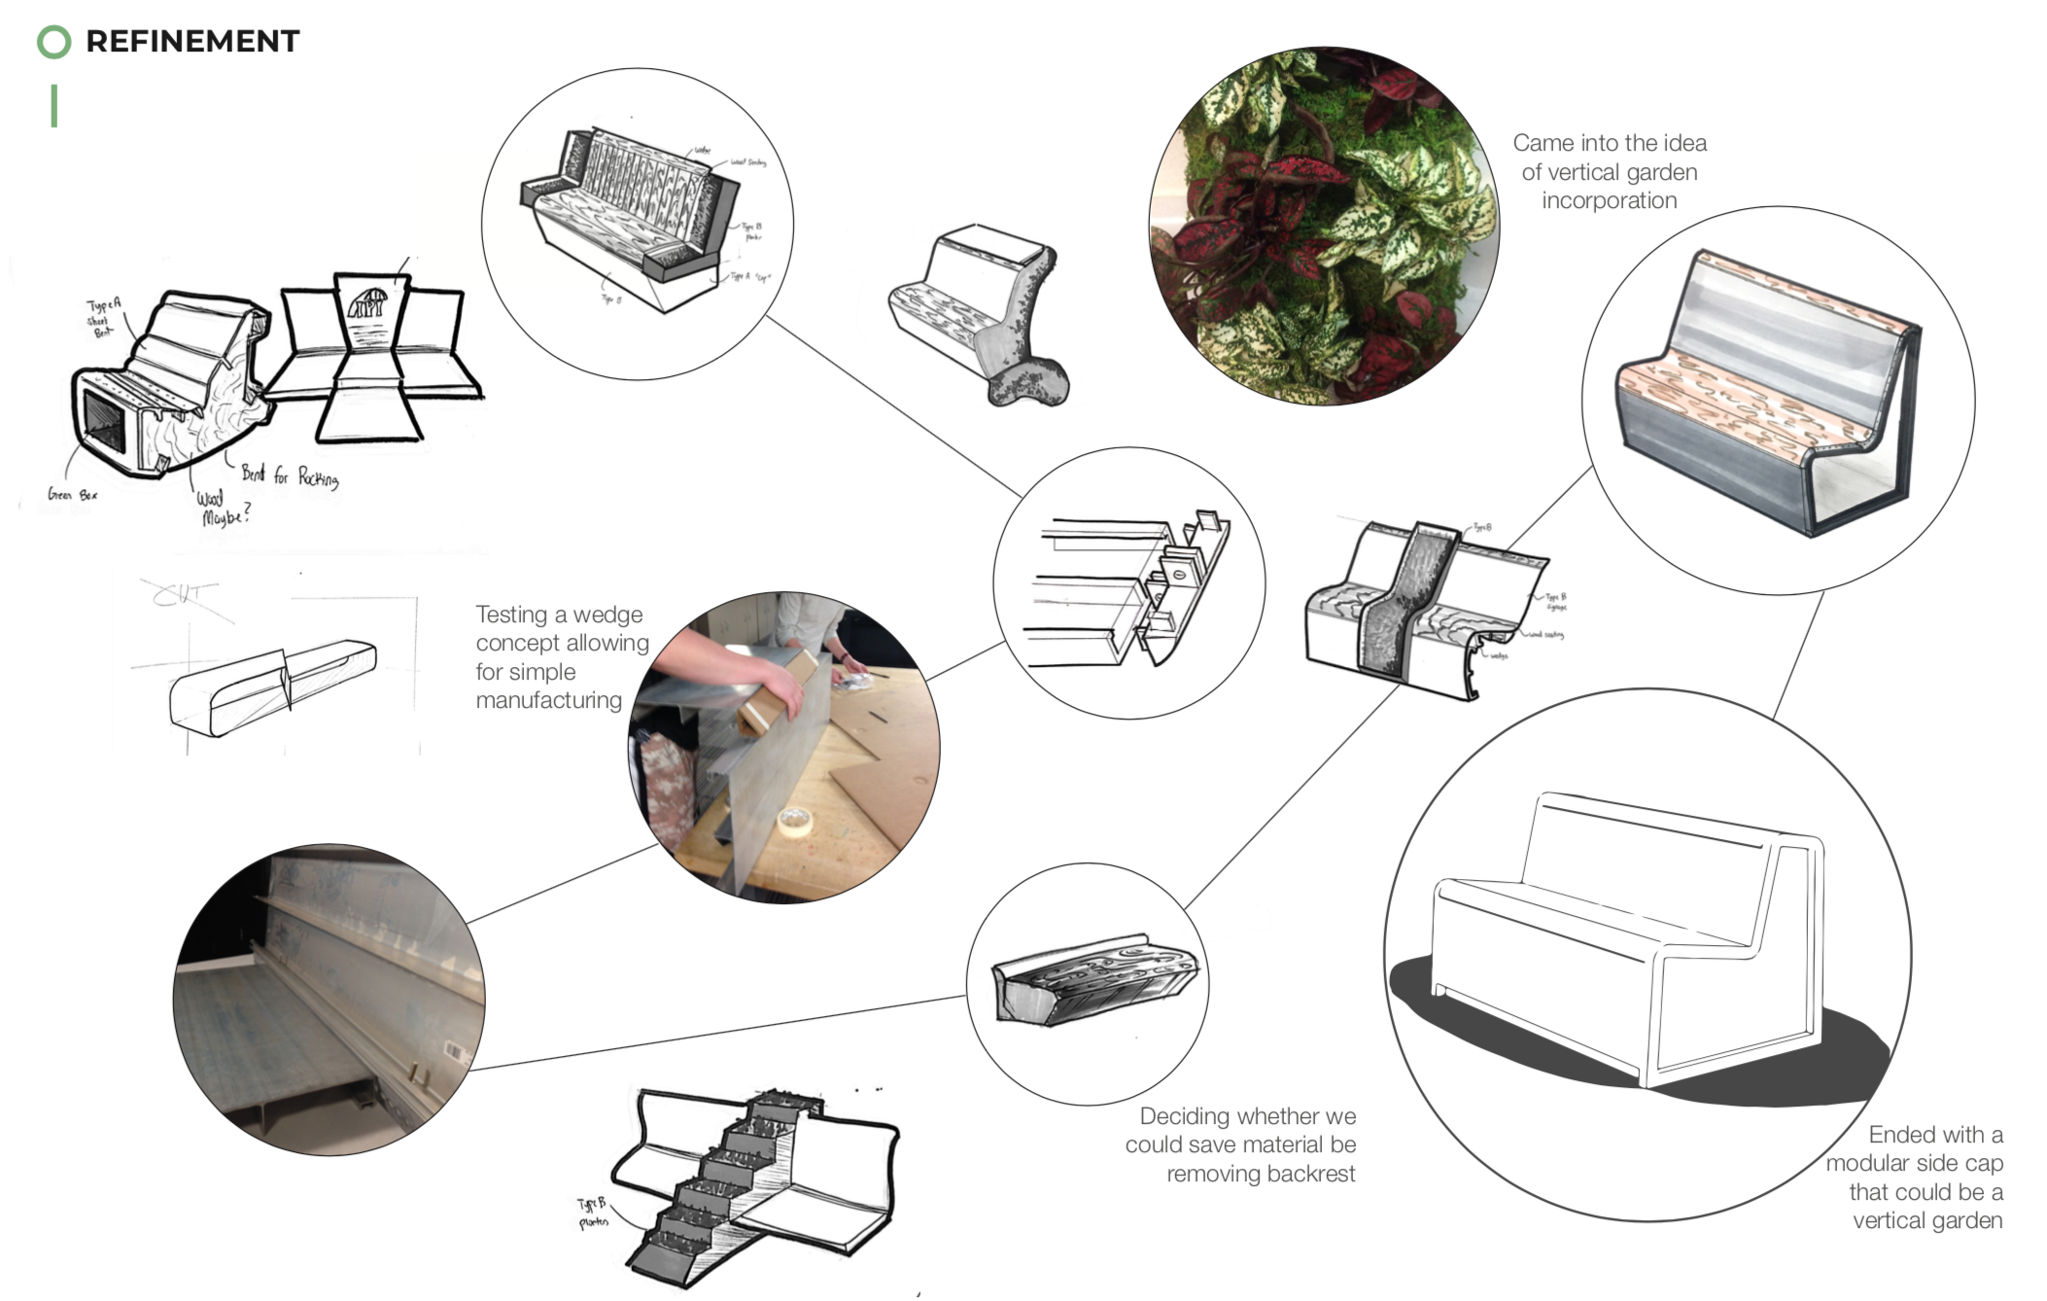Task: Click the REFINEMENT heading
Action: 192,41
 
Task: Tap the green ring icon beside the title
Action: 53,42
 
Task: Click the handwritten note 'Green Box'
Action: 72,495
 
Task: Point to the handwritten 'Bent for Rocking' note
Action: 290,475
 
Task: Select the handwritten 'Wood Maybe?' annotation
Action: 224,508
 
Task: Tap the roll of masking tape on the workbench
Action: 795,822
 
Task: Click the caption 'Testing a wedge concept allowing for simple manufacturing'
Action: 562,657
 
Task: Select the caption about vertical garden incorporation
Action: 1609,171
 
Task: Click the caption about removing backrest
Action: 1241,1144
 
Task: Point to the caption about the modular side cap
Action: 1915,1177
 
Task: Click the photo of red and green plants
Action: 1323,225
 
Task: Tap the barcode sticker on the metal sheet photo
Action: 451,1051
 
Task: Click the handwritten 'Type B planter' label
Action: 592,1213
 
